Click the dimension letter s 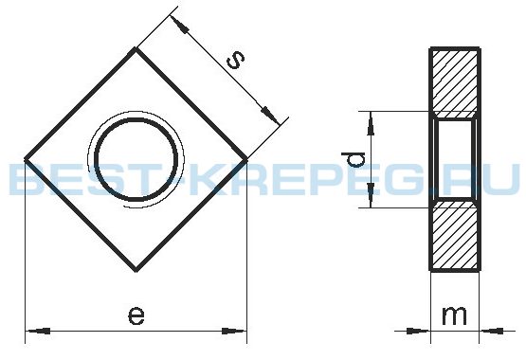point(235,60)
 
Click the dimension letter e point(136,315)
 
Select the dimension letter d point(353,159)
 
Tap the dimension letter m point(454,315)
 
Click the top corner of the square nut point(136,48)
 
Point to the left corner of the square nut point(26,159)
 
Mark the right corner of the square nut point(246,159)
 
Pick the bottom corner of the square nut point(136,270)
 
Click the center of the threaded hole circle point(136,159)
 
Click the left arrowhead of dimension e point(39,332)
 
